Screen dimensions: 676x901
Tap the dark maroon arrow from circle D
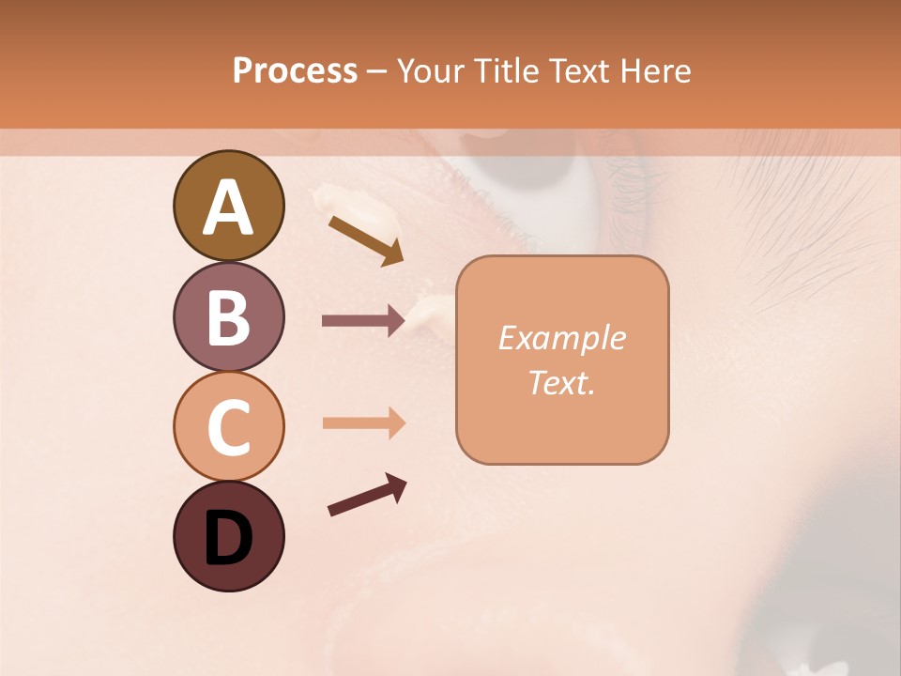pyautogui.click(x=367, y=495)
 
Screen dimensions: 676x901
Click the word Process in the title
pyautogui.click(x=295, y=71)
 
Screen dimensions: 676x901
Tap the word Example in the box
pyautogui.click(x=561, y=339)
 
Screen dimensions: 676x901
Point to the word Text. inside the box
pyautogui.click(x=561, y=382)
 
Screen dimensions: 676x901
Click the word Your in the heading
pyautogui.click(x=432, y=71)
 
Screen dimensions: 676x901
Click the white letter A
pyautogui.click(x=228, y=207)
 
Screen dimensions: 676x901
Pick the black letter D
pyautogui.click(x=228, y=539)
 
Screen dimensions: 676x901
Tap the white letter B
pyautogui.click(x=228, y=318)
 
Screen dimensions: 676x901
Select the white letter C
pyautogui.click(x=228, y=427)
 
